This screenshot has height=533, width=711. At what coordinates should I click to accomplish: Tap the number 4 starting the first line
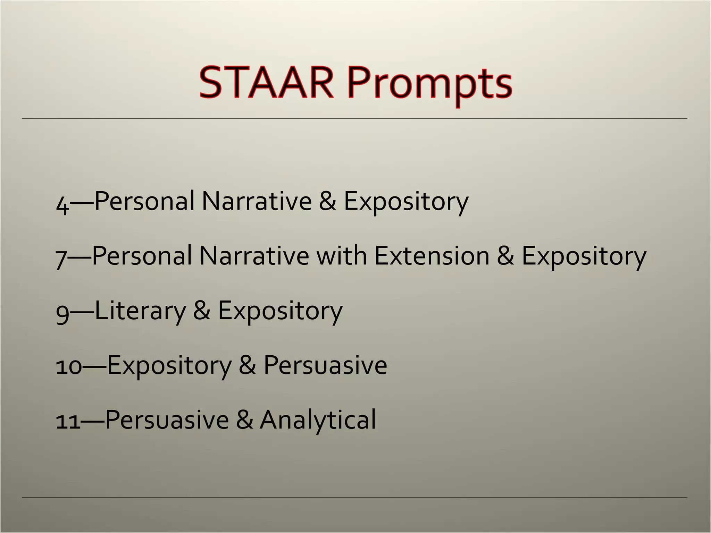click(x=62, y=205)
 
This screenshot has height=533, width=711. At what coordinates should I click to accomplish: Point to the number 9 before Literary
click(x=62, y=313)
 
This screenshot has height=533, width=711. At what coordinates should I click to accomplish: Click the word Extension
click(x=432, y=256)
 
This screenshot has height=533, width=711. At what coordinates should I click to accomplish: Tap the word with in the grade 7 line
click(x=341, y=256)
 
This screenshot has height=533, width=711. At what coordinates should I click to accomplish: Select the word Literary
click(x=140, y=311)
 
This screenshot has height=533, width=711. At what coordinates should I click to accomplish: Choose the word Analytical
click(x=318, y=420)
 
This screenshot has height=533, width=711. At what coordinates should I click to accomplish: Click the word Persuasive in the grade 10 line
click(x=325, y=365)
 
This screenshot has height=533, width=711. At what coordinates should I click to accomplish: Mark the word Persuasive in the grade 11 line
click(x=167, y=420)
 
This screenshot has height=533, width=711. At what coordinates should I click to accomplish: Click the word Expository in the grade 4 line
click(x=406, y=202)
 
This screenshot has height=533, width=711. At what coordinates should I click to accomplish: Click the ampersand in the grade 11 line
click(x=244, y=420)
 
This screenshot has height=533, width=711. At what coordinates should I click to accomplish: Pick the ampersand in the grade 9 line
click(x=202, y=311)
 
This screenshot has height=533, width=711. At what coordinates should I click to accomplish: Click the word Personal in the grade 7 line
click(x=142, y=256)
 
